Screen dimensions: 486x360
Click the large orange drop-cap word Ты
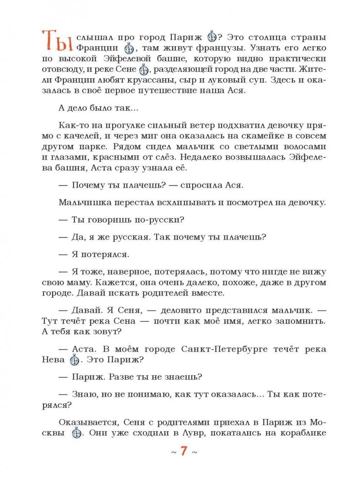coord(57,40)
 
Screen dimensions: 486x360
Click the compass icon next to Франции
coord(128,49)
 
